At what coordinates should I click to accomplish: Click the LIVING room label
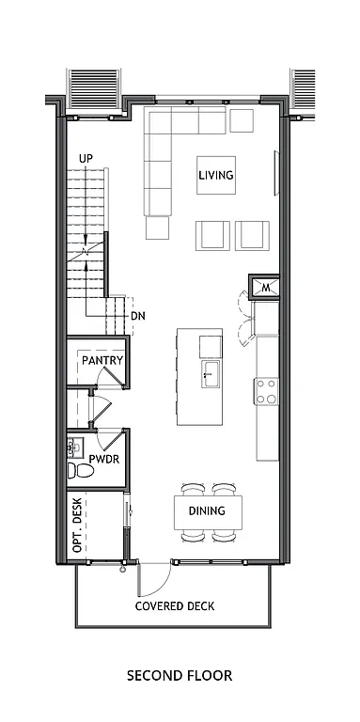pos(215,175)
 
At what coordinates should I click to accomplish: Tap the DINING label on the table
pos(207,511)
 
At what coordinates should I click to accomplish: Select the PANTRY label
pos(103,360)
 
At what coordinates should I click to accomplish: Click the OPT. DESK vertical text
pos(78,525)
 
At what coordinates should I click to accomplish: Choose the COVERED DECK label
pos(174,606)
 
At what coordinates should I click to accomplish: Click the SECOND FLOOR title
pos(179,675)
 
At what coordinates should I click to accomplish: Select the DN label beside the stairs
pos(137,316)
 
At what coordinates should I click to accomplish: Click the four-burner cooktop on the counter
pos(267,390)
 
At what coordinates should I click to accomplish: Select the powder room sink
pos(73,446)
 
